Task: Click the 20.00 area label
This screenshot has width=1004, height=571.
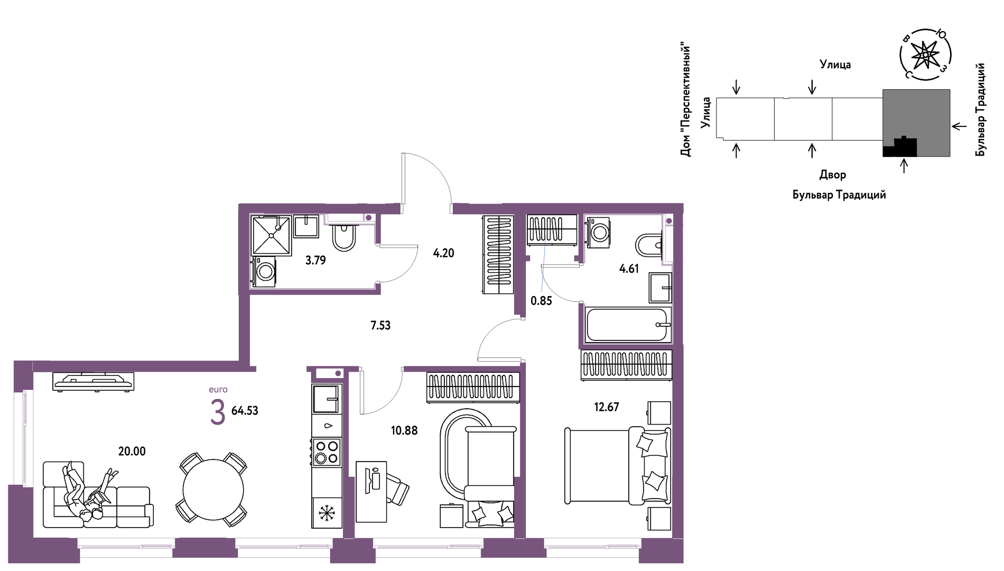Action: pyautogui.click(x=132, y=451)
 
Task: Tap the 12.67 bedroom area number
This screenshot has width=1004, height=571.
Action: pyautogui.click(x=606, y=407)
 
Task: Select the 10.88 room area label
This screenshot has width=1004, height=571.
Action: pyautogui.click(x=404, y=430)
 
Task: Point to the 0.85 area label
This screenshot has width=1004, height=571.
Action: pyautogui.click(x=541, y=301)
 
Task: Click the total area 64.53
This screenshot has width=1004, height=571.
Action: pyautogui.click(x=245, y=410)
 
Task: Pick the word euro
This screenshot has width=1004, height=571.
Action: pyautogui.click(x=218, y=390)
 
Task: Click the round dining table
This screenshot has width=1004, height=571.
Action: pyautogui.click(x=213, y=490)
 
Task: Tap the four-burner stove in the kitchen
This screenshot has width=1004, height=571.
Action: pyautogui.click(x=327, y=452)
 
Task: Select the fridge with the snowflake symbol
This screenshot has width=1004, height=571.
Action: pyautogui.click(x=327, y=512)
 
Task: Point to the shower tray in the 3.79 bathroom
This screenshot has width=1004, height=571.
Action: pyautogui.click(x=272, y=235)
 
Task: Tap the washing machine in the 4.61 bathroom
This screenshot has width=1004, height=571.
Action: pyautogui.click(x=598, y=231)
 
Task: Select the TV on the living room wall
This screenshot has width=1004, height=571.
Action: pyautogui.click(x=94, y=382)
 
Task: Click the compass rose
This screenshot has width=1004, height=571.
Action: pyautogui.click(x=925, y=55)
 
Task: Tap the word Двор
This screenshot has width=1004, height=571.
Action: pyautogui.click(x=832, y=174)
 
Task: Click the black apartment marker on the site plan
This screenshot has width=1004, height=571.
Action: pyautogui.click(x=900, y=146)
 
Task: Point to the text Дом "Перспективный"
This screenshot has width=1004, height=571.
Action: pyautogui.click(x=686, y=99)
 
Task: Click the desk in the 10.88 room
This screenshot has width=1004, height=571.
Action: pyautogui.click(x=371, y=492)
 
